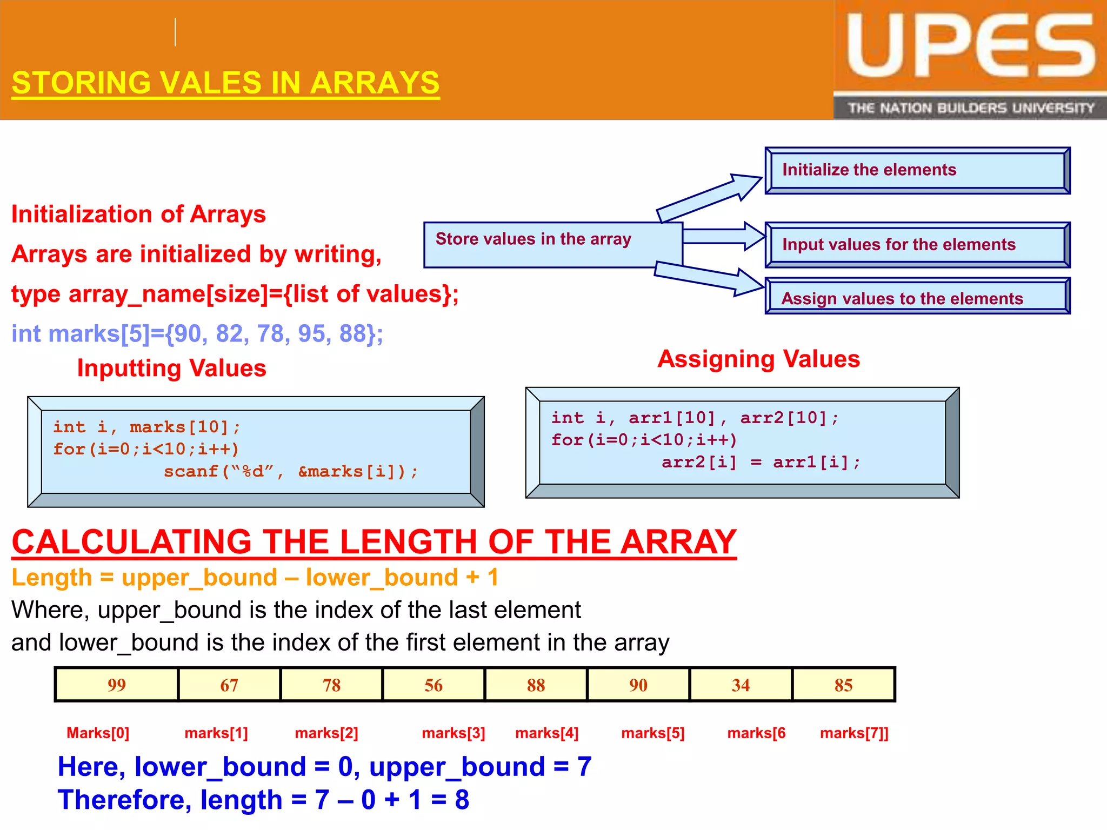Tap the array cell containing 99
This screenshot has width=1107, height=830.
click(117, 685)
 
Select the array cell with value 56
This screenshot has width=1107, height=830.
click(434, 685)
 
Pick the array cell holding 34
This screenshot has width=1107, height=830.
click(741, 685)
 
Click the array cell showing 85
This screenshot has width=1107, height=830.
click(843, 685)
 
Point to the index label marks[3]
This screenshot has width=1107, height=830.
click(453, 733)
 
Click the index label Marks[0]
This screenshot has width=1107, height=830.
click(98, 733)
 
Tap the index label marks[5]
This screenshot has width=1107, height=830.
click(652, 733)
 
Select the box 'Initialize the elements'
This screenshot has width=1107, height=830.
click(917, 170)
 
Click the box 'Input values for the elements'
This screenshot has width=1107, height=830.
click(917, 245)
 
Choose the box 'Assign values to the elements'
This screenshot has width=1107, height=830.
click(917, 297)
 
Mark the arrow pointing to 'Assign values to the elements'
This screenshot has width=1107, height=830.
click(708, 277)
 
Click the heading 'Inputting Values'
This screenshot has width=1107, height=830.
click(171, 369)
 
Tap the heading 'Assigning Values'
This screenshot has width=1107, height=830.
click(758, 359)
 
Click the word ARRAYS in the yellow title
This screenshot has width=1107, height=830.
click(375, 83)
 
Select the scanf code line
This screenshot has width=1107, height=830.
click(291, 472)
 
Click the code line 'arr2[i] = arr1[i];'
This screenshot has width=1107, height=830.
click(761, 463)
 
